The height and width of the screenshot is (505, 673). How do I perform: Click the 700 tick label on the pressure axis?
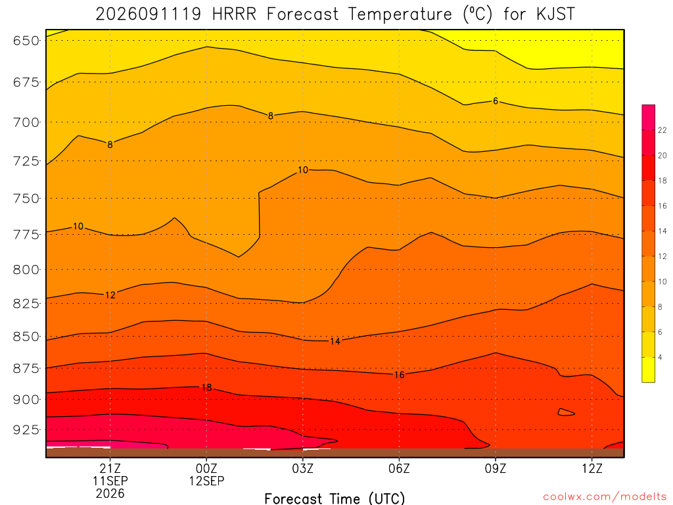pyautogui.click(x=26, y=122)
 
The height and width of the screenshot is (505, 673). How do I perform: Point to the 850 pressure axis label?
pyautogui.click(x=26, y=336)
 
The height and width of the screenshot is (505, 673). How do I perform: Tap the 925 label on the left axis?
pyautogui.click(x=26, y=429)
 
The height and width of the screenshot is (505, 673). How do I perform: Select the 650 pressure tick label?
pyautogui.click(x=26, y=41)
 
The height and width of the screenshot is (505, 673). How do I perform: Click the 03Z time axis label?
pyautogui.click(x=302, y=468)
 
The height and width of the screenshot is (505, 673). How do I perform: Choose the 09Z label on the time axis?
pyautogui.click(x=496, y=468)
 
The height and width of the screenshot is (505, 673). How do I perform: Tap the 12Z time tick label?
pyautogui.click(x=592, y=468)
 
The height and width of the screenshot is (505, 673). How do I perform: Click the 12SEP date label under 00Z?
pyautogui.click(x=206, y=481)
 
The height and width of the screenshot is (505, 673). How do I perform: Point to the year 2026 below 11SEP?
pyautogui.click(x=110, y=494)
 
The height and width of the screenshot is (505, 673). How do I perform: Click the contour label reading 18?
pyautogui.click(x=206, y=387)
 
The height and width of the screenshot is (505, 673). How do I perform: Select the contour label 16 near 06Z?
pyautogui.click(x=399, y=375)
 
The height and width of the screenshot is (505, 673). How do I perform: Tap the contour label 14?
pyautogui.click(x=335, y=341)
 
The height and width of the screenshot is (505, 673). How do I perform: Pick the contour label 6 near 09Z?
pyautogui.click(x=496, y=101)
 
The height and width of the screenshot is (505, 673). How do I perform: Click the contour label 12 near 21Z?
pyautogui.click(x=110, y=295)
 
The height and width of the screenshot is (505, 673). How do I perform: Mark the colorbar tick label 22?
pyautogui.click(x=662, y=130)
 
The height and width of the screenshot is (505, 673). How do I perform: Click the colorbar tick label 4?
pyautogui.click(x=660, y=357)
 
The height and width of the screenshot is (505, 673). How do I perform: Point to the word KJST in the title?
pyautogui.click(x=555, y=14)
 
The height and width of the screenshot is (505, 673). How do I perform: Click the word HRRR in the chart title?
pyautogui.click(x=235, y=14)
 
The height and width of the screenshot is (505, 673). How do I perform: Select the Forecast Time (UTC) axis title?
pyautogui.click(x=335, y=498)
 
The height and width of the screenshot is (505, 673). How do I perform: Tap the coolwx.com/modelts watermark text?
pyautogui.click(x=605, y=497)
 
